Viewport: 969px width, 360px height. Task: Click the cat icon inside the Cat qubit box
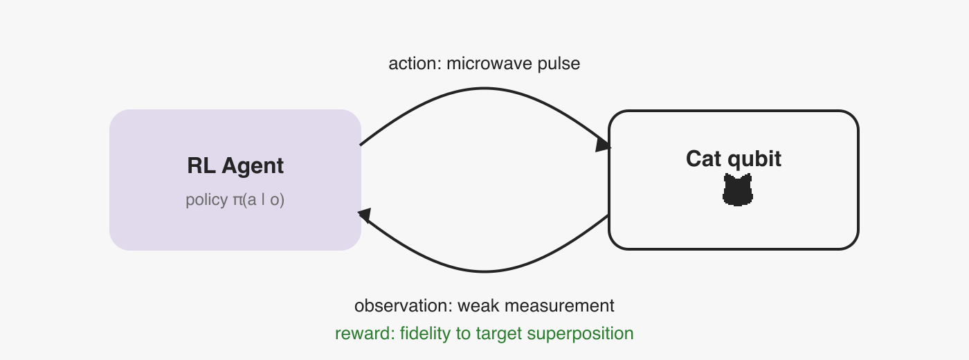(738, 190)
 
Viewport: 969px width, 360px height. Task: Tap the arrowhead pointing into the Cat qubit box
(603, 144)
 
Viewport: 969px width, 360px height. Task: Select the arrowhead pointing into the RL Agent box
(365, 215)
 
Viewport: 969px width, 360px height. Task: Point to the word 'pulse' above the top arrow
(559, 64)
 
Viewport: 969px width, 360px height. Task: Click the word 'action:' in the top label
(415, 64)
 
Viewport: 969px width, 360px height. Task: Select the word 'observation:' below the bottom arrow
(403, 306)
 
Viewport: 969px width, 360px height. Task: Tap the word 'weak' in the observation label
(478, 306)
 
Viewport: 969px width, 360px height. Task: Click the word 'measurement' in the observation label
(559, 306)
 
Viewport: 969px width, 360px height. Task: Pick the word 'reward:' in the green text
(365, 334)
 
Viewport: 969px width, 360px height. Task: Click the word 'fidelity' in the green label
(426, 334)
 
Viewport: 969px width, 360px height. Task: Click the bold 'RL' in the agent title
(201, 165)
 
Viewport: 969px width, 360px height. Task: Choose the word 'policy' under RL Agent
(207, 200)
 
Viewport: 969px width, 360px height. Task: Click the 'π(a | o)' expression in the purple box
(258, 200)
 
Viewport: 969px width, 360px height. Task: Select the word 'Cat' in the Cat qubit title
(704, 159)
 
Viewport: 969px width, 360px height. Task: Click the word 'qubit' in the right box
(754, 159)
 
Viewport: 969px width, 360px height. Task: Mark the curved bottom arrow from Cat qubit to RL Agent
(484, 271)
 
